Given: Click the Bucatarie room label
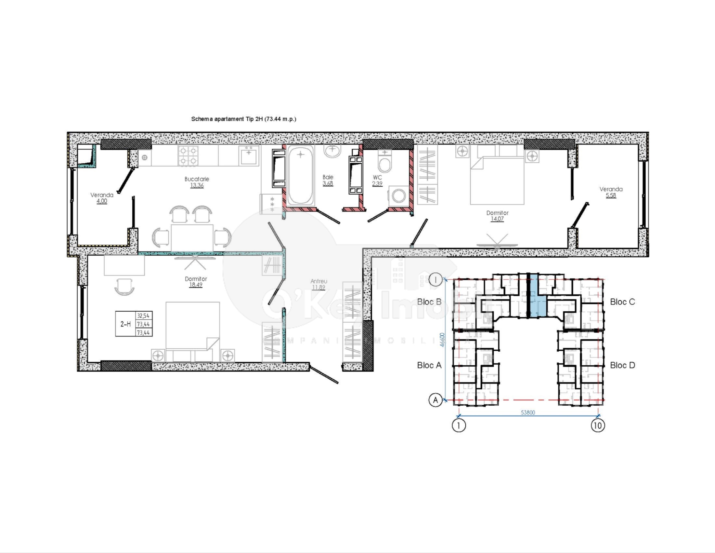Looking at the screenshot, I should coord(196,179).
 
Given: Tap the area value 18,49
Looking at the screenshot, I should coord(195,285).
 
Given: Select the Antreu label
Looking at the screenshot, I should coord(318,281).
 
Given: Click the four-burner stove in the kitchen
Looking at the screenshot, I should coord(188,155).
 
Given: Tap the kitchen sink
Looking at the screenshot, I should coord(249,156).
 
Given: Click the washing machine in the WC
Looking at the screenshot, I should coord(398,196).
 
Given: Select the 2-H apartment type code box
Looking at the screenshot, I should coord(125,324).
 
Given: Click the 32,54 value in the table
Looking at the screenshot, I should coord(143,316).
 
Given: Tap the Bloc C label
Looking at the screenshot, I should coord(622,302).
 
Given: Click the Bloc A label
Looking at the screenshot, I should coord(429,365).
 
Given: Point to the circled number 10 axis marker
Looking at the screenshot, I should coord(597,425).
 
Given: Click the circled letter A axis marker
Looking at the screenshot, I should coord(435,400).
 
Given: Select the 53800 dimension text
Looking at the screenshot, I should coord(528,412).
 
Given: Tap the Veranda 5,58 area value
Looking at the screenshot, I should coord(611,196).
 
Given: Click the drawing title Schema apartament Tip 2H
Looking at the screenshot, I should coord(243,119).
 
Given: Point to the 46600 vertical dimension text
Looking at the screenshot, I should coord(442,340).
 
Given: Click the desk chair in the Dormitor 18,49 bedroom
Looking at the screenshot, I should coord(124,286).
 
